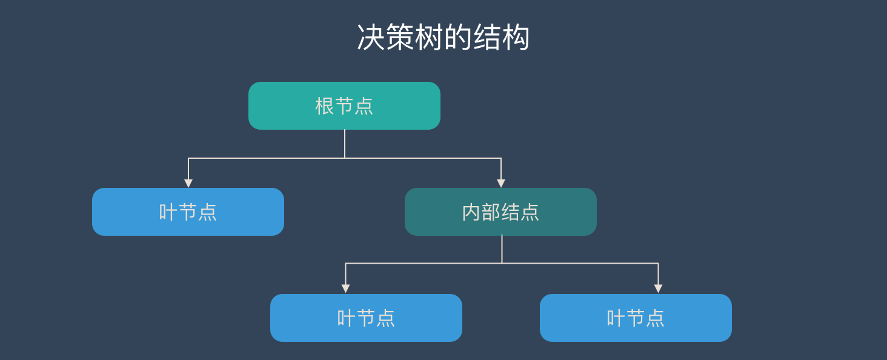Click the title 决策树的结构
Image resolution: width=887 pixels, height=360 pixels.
443,38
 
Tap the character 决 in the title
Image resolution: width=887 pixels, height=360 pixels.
371,38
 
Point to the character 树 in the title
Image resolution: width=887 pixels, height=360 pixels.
429,38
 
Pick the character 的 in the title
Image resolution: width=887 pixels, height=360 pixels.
458,38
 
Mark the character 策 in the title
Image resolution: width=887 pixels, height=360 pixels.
400,38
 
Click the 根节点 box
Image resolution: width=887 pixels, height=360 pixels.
344,106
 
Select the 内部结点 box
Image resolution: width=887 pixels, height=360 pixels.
500,212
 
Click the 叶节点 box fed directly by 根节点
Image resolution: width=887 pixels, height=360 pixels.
188,212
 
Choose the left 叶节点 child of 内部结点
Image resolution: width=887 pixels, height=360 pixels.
366,318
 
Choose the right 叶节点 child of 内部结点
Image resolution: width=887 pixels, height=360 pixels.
636,318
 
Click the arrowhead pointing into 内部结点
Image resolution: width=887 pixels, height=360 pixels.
501,183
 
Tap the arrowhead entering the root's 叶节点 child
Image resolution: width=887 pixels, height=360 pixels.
188,183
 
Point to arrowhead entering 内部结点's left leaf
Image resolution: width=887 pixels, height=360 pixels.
345,288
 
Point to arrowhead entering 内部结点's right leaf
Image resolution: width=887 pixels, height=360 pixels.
658,288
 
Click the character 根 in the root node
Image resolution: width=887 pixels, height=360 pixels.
325,106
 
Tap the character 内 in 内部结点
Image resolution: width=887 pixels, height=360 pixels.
471,212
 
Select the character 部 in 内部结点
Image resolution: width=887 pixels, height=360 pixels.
491,212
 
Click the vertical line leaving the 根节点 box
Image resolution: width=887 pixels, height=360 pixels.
345,144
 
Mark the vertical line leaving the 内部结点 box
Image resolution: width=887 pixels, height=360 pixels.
502,249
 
